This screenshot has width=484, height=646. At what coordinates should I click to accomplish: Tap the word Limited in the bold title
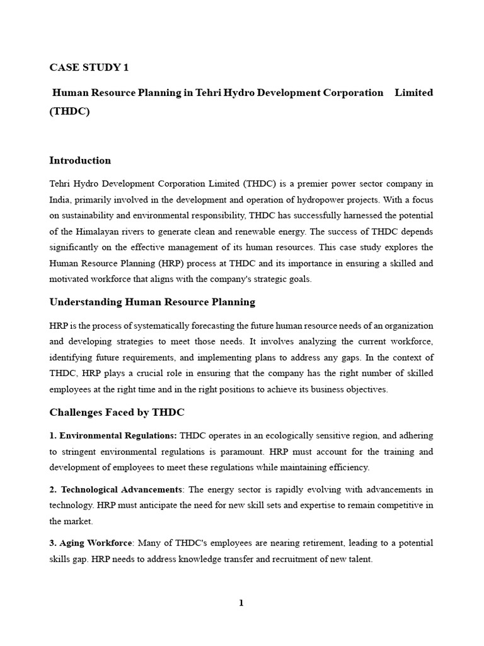coord(413,93)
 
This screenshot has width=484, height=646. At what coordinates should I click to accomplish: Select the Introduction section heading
coord(80,160)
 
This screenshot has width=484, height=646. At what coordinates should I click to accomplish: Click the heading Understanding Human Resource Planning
coord(152,302)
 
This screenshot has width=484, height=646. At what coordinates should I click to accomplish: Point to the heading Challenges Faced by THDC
coord(117,413)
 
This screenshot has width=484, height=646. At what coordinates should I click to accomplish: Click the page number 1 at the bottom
coord(241,603)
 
